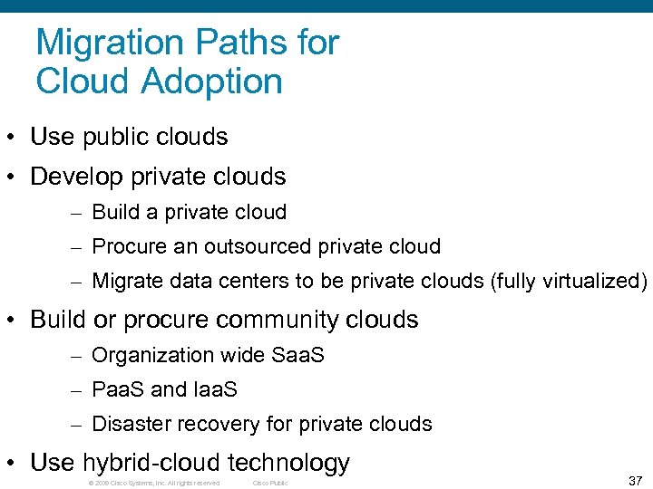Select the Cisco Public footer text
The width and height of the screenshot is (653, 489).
pos(269,483)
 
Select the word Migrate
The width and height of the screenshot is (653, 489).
pos(130,281)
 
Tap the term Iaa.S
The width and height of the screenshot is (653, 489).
pos(215,389)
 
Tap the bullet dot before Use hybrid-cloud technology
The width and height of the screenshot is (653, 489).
pos(12,464)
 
